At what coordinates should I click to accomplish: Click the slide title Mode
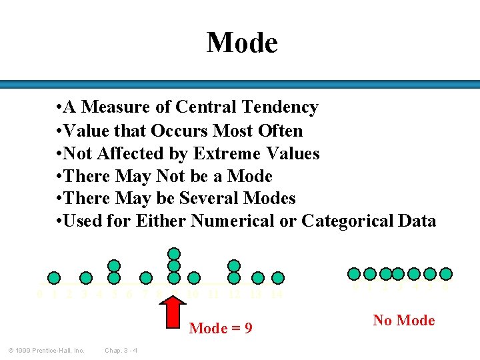(x=241, y=43)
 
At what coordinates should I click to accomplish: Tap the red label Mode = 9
(x=221, y=328)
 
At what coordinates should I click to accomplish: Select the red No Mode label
(x=404, y=321)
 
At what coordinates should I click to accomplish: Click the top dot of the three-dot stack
(x=174, y=253)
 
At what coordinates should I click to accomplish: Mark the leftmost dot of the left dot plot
(x=54, y=278)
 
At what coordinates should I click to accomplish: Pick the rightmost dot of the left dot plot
(x=278, y=278)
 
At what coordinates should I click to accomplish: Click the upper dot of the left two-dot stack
(x=114, y=266)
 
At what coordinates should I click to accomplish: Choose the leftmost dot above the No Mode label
(x=355, y=273)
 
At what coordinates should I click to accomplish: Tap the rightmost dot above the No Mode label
(x=446, y=273)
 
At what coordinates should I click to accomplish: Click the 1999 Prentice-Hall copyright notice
(x=46, y=351)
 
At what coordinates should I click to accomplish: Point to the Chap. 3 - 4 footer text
(x=121, y=351)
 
